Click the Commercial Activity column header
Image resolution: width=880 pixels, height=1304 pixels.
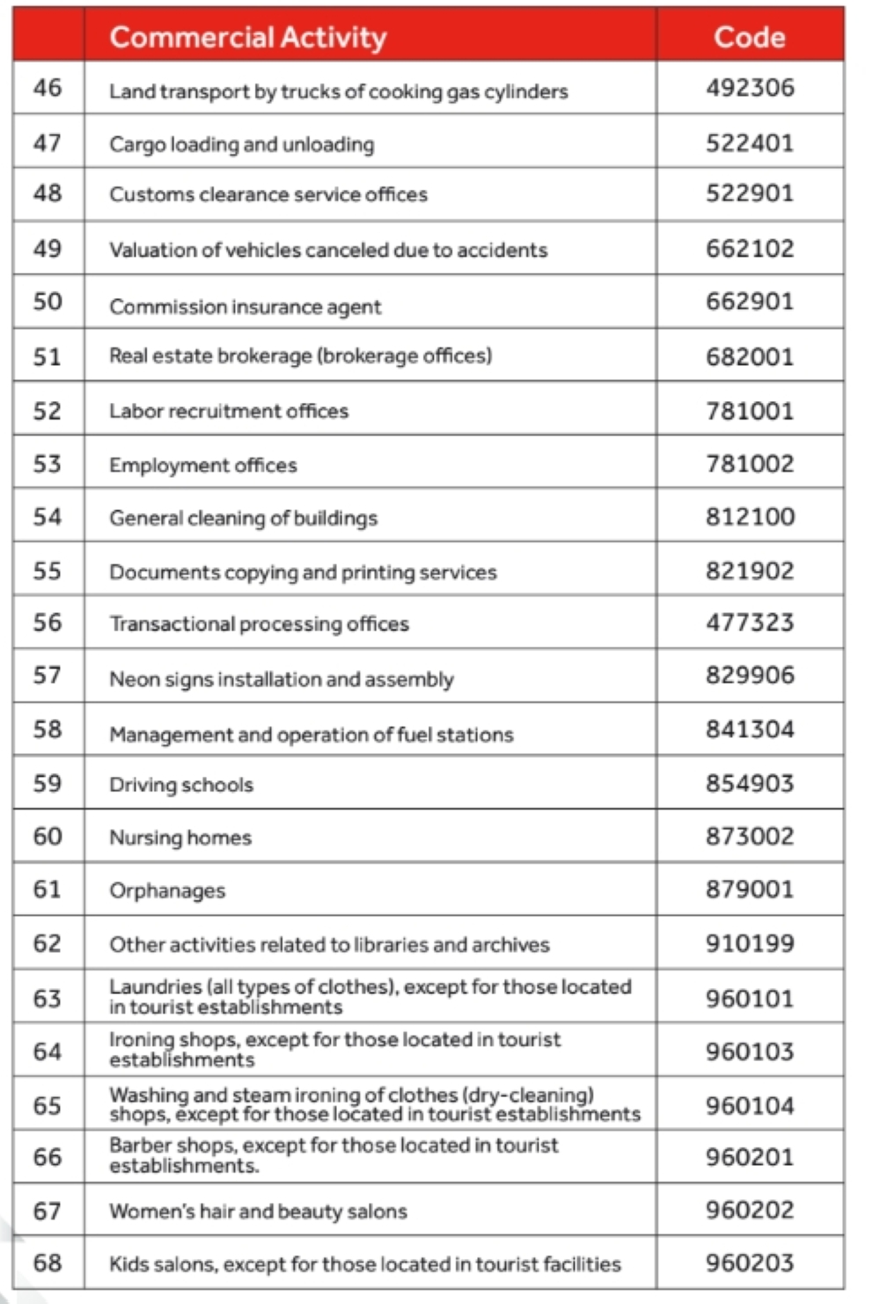click(248, 37)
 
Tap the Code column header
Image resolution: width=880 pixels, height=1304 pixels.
click(749, 37)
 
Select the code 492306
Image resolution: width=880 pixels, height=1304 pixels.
click(750, 88)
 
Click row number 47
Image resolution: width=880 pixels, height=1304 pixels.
click(48, 143)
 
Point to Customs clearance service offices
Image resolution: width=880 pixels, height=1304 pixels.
click(268, 194)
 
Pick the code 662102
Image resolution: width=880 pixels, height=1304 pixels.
click(750, 249)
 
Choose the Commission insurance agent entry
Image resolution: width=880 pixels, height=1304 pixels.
click(246, 306)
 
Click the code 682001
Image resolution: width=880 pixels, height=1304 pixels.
click(750, 356)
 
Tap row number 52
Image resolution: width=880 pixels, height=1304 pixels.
click(48, 411)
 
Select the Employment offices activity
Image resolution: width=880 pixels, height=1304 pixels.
click(203, 465)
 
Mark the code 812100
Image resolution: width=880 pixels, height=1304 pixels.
click(750, 516)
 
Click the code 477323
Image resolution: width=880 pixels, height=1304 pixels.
click(750, 623)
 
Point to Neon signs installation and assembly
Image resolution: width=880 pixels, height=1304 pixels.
click(282, 679)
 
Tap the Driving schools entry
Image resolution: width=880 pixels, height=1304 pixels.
click(181, 785)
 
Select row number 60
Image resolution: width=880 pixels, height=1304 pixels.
click(48, 836)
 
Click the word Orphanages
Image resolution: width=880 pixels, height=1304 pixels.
click(167, 890)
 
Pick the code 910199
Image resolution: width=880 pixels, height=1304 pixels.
click(750, 943)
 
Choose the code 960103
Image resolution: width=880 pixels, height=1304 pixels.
click(750, 1051)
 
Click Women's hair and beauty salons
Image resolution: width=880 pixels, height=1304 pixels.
click(258, 1212)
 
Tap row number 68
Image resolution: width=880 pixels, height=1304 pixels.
click(48, 1264)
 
